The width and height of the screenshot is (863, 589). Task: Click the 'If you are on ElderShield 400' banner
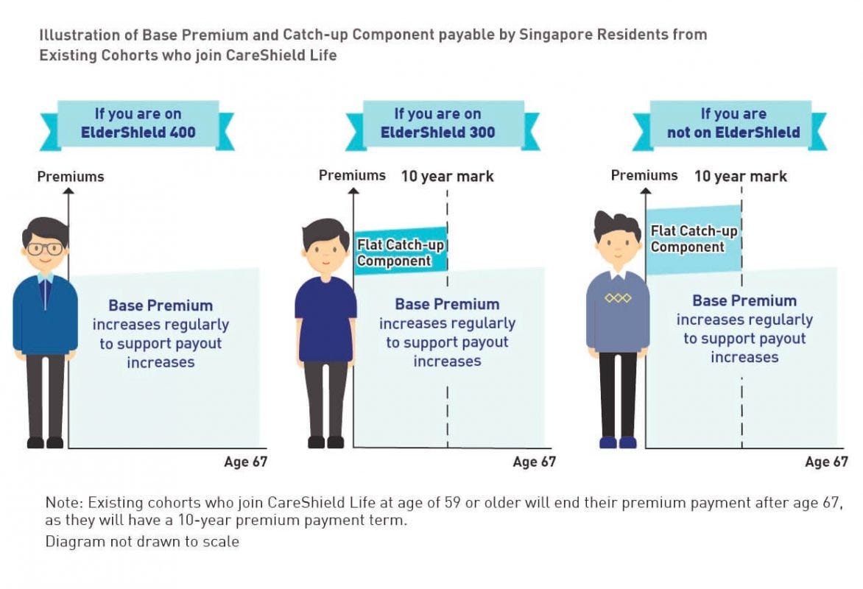tap(137, 124)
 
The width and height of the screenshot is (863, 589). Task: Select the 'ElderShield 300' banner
tap(437, 123)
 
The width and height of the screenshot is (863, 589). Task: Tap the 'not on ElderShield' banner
tap(733, 123)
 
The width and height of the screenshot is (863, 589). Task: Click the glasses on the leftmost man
tap(45, 248)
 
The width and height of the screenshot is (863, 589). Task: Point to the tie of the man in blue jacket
tap(46, 294)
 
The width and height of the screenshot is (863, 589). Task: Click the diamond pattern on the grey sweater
tap(618, 298)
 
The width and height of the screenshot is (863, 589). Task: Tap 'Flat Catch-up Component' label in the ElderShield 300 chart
tap(400, 253)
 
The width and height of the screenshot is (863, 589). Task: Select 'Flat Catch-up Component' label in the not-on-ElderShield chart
tap(693, 239)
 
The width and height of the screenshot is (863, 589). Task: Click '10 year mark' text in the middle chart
tap(447, 177)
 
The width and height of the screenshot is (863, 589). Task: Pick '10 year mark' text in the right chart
tap(740, 177)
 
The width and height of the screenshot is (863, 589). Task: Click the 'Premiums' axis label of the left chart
tap(71, 177)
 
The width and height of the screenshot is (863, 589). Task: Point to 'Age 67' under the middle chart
tap(534, 462)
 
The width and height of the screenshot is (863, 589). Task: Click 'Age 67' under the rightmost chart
tap(826, 462)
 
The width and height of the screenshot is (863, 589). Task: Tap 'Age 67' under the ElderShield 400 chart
tap(245, 462)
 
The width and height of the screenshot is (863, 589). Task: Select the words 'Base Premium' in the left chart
tap(161, 306)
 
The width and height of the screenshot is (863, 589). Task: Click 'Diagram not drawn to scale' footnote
tap(142, 541)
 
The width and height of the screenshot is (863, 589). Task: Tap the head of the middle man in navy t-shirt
tap(325, 244)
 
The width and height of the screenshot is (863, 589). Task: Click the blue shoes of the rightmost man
tap(618, 442)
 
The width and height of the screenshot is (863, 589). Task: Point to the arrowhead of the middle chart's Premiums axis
tap(353, 191)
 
